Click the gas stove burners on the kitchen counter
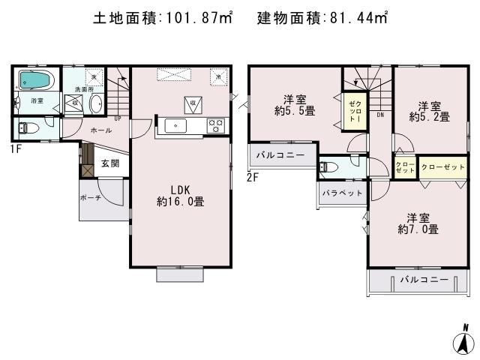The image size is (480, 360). pos(214,125)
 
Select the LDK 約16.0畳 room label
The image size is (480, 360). pos(181,194)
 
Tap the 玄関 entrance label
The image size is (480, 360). pos(110,163)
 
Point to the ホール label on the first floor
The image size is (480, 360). pos(100,130)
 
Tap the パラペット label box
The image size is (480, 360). pos(342,193)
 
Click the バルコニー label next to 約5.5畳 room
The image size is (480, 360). pos(280,155)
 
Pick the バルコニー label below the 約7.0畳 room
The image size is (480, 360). pos(423,280)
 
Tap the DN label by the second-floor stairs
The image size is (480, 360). pos(380,115)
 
